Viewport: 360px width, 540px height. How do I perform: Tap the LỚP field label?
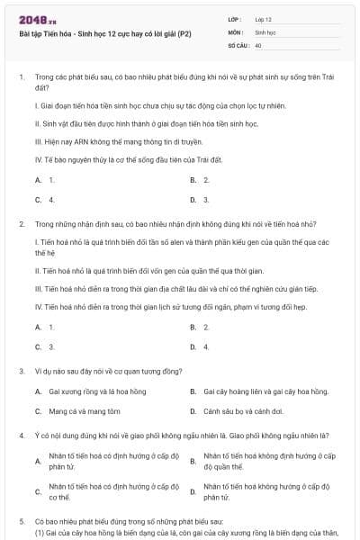[236, 18]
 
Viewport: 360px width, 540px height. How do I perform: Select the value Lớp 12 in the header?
[264, 18]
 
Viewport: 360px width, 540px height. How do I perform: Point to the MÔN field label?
[236, 31]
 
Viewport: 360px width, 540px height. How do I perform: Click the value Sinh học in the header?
[265, 31]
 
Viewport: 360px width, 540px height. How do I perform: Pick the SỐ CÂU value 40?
[258, 44]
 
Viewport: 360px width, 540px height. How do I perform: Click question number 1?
[21, 77]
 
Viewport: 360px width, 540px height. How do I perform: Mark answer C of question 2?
[45, 346]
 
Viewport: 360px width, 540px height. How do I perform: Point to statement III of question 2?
[171, 289]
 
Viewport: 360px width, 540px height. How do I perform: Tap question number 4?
[21, 435]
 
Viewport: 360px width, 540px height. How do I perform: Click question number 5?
[21, 520]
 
